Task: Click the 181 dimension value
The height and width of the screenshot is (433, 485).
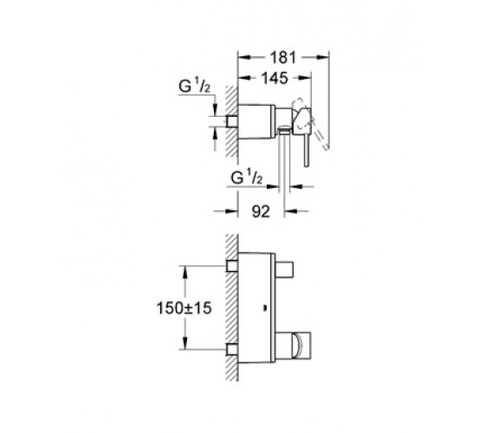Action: tap(283, 57)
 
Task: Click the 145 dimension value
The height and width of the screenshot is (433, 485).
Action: tap(275, 78)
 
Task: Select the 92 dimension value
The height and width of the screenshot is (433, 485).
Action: tap(261, 212)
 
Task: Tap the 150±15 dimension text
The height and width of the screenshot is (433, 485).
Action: tap(184, 308)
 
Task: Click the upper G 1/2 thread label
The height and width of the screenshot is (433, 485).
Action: tap(194, 86)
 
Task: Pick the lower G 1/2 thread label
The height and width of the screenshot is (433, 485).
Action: tap(247, 178)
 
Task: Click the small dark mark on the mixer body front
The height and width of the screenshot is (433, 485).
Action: tap(265, 308)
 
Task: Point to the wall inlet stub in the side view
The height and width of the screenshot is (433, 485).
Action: tap(232, 121)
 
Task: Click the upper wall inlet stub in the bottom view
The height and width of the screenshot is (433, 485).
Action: tap(232, 266)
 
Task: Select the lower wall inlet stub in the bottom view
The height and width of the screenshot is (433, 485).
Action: tap(232, 349)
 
